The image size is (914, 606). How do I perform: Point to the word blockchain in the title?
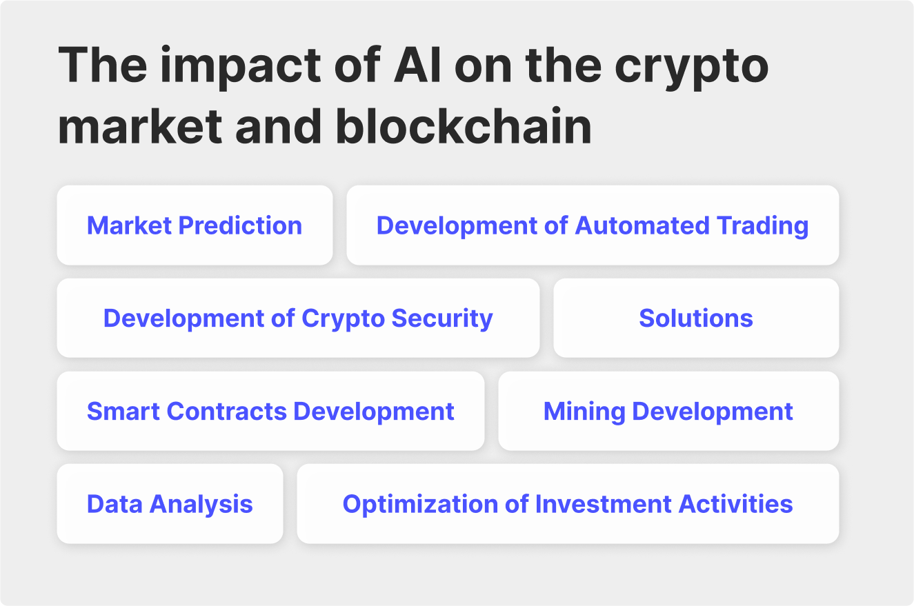(x=464, y=127)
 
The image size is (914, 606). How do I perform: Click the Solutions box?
(x=696, y=318)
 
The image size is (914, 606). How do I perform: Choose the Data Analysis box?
(x=170, y=504)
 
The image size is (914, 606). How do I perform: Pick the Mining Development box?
(x=668, y=411)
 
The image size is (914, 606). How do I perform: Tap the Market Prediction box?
(x=195, y=225)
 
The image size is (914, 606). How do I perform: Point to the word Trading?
(x=762, y=225)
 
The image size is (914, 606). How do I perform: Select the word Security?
(x=442, y=318)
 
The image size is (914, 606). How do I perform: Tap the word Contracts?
(x=227, y=411)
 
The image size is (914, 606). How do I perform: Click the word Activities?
(x=736, y=504)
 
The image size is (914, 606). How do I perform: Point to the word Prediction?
(x=240, y=225)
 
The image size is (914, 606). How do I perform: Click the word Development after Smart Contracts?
(x=374, y=411)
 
